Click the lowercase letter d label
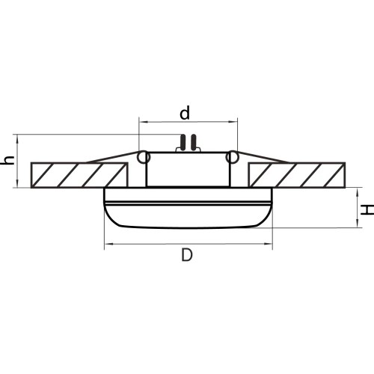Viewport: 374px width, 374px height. pyautogui.click(x=185, y=112)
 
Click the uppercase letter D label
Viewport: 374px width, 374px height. pyautogui.click(x=187, y=255)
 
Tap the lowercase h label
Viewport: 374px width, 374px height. pyautogui.click(x=8, y=161)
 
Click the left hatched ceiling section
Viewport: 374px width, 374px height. pyautogui.click(x=79, y=174)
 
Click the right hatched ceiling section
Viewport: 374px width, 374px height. pyautogui.click(x=296, y=174)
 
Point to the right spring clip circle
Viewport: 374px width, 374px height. pyautogui.click(x=232, y=157)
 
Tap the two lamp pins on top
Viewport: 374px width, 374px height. pyautogui.click(x=188, y=142)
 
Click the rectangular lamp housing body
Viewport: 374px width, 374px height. pyautogui.click(x=187, y=170)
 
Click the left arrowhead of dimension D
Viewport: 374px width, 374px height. pyautogui.click(x=107, y=243)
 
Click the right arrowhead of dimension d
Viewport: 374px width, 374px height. pyautogui.click(x=234, y=122)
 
